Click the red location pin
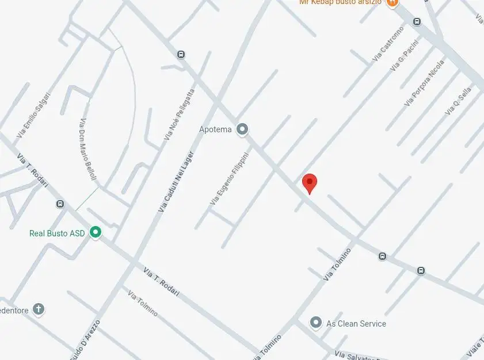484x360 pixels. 310,183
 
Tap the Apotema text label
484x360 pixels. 215,129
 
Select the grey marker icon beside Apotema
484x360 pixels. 242,129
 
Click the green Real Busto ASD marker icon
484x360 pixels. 95,232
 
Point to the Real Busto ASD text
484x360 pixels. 57,233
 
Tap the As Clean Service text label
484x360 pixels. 356,324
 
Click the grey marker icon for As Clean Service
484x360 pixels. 315,323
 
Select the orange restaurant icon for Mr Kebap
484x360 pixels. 392,3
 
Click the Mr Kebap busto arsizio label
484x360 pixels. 341,2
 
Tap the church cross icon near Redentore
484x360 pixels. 38,309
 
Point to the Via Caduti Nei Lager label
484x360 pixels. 176,183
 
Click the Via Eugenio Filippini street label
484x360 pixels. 229,179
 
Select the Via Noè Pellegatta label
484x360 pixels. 179,114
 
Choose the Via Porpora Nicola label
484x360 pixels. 424,83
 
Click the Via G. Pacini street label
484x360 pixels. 403,60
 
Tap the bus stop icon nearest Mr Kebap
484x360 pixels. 417,22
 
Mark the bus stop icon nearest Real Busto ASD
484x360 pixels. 60,204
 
